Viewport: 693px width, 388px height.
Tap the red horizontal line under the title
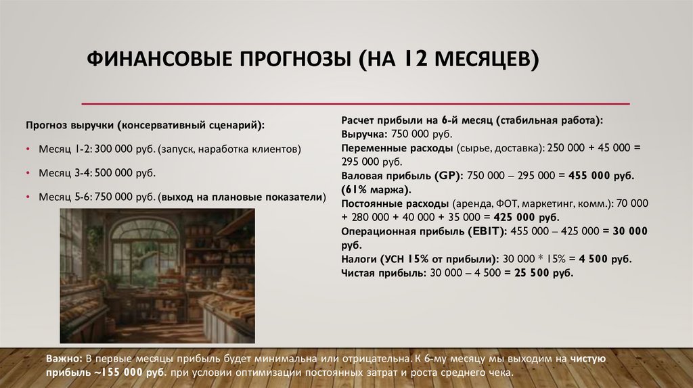[355, 104]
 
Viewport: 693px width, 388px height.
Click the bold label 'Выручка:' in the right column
[363, 134]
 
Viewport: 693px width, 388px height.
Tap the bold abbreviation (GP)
[446, 175]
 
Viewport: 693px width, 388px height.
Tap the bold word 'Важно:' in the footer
[64, 359]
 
